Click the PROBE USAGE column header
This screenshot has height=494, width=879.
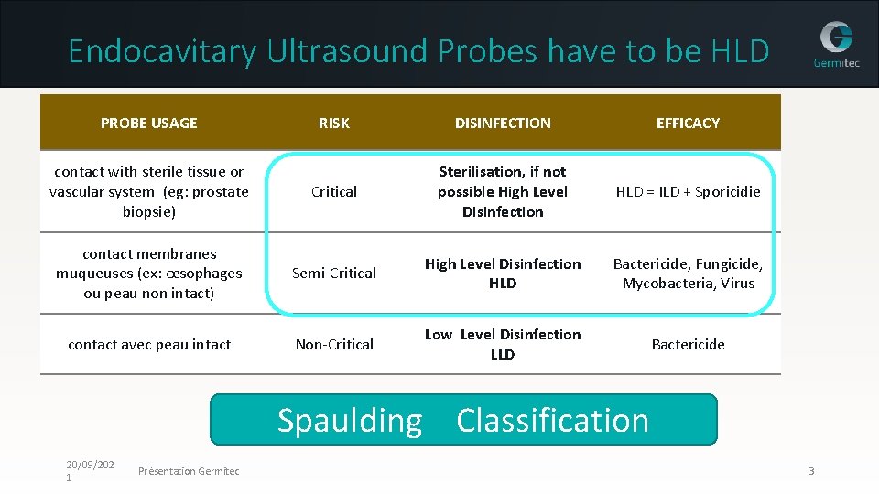149,123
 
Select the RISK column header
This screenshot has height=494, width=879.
334,123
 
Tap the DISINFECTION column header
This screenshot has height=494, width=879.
503,123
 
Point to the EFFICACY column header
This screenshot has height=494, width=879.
688,123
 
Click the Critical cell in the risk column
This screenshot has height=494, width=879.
334,191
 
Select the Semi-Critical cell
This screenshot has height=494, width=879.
334,273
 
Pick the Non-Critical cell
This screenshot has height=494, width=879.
334,344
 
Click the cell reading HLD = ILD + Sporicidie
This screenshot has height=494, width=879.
688,191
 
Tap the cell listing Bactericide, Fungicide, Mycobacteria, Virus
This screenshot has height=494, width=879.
688,273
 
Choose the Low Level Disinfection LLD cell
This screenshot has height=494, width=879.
503,344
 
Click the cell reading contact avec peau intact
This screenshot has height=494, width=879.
149,344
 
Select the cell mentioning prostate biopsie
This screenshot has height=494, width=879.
149,191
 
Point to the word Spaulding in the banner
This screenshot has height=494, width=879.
350,420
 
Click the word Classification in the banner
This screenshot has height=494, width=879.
552,420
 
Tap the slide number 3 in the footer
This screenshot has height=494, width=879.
811,471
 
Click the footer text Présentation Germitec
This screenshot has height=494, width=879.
189,471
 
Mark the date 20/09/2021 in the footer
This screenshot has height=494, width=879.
89,471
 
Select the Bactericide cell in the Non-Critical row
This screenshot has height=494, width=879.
688,344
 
